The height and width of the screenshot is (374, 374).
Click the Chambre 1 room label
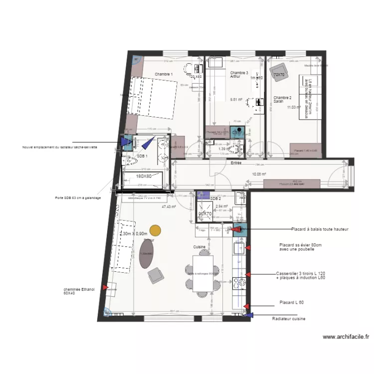(x=164, y=74)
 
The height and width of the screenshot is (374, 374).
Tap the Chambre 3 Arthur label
(x=239, y=75)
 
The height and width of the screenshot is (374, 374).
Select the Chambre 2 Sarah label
(x=282, y=99)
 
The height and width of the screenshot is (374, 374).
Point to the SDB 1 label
(x=142, y=156)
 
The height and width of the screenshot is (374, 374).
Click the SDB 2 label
(x=215, y=198)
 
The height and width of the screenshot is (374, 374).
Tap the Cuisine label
(x=200, y=247)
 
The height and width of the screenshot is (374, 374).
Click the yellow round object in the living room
(x=156, y=230)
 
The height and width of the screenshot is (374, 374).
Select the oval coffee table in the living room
(x=146, y=253)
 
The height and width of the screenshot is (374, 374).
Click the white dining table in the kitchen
(x=203, y=273)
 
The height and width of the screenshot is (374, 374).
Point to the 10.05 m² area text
(x=259, y=175)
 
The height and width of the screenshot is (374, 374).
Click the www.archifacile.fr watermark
(x=346, y=337)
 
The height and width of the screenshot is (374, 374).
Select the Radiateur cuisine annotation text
(x=288, y=319)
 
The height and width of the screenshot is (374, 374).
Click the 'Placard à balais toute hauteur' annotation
(x=320, y=229)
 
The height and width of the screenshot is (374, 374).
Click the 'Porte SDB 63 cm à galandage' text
(x=78, y=198)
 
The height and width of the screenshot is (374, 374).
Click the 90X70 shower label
(x=205, y=213)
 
